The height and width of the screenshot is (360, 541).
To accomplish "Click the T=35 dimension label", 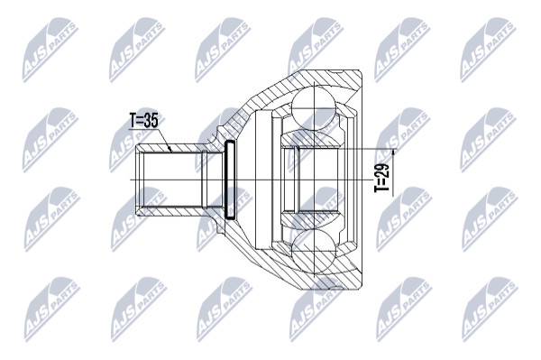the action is [x=143, y=121].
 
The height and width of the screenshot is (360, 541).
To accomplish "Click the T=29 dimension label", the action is [x=381, y=178].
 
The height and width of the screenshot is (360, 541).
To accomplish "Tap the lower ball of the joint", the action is [x=314, y=254].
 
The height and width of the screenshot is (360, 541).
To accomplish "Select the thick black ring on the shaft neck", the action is [x=229, y=180].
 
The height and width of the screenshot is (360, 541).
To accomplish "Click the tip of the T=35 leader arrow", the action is [x=170, y=151].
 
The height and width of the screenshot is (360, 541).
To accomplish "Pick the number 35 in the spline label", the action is [x=151, y=121].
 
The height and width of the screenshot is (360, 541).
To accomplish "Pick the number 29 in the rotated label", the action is [x=381, y=170].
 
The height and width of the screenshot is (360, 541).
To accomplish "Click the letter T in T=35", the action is [x=133, y=121].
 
